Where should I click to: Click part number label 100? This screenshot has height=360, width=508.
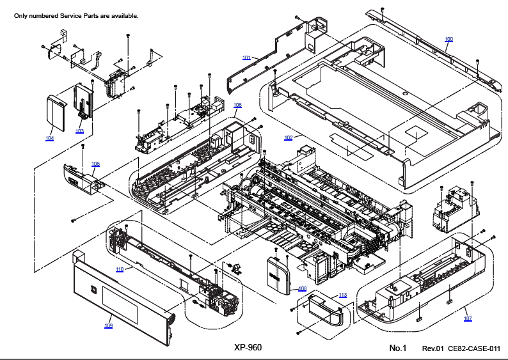click(448, 39)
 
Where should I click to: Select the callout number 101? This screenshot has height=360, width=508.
click(246, 58)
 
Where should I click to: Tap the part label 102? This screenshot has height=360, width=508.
click(289, 137)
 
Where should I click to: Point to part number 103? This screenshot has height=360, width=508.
click(79, 131)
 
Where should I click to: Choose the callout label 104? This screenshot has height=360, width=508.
click(49, 138)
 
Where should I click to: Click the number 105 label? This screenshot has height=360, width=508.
click(95, 164)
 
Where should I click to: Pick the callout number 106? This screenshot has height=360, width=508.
click(237, 106)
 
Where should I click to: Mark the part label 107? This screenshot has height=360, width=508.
click(468, 318)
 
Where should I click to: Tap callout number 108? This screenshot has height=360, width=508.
click(302, 288)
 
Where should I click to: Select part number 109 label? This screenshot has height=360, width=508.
click(109, 325)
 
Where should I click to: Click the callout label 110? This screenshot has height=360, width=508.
click(120, 269)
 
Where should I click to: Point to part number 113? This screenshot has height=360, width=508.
click(343, 295)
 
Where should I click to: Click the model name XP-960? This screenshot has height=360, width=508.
click(248, 347)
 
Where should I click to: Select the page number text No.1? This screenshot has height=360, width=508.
click(397, 348)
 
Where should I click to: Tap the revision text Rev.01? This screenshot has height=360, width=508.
click(433, 348)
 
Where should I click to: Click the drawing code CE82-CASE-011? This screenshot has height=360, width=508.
click(474, 348)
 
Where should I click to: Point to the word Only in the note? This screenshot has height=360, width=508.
click(20, 16)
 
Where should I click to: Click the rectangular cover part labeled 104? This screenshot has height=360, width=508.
click(56, 113)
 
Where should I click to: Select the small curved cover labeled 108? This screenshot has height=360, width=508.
click(278, 275)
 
